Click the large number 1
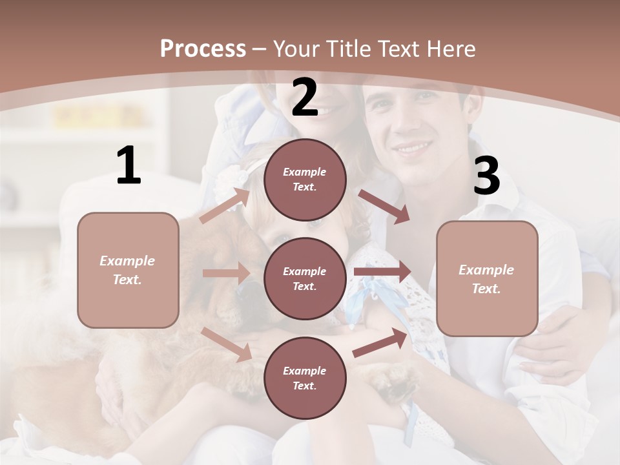click(x=129, y=166)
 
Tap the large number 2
click(x=305, y=98)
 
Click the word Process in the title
click(x=203, y=48)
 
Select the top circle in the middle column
click(x=305, y=180)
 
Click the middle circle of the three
click(x=305, y=279)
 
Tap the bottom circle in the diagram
click(x=305, y=378)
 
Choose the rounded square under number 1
click(x=128, y=270)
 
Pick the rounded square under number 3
click(x=487, y=278)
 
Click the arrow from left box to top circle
click(x=225, y=205)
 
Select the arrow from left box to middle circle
click(x=226, y=273)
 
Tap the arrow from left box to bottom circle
click(x=227, y=344)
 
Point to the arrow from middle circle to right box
click(x=382, y=271)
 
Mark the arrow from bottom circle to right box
click(x=380, y=342)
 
